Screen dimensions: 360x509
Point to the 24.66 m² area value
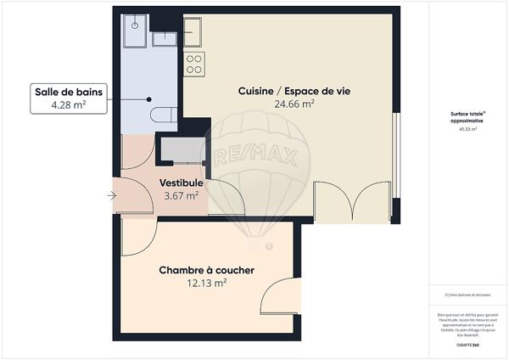[294, 104]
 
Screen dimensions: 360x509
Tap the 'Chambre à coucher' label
[207, 270]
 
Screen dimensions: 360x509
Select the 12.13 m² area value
[207, 284]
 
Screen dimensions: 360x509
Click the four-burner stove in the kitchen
[194, 62]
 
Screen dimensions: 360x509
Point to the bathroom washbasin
[161, 38]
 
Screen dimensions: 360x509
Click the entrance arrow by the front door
[113, 197]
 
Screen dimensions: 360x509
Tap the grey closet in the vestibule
[182, 149]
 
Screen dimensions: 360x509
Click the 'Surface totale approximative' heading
[467, 116]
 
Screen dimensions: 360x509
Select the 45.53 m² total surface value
[467, 130]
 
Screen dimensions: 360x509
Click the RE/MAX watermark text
[243, 159]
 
